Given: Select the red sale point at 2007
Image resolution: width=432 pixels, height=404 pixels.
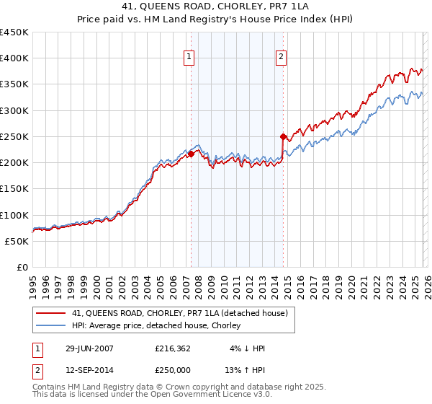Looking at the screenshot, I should (191, 154).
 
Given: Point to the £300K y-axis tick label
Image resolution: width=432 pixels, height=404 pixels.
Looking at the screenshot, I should (14, 110).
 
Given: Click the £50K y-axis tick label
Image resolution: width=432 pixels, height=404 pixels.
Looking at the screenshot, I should (17, 241).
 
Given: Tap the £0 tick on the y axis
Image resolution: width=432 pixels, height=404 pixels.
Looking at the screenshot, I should (22, 267).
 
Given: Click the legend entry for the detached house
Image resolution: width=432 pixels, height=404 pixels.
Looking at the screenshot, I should (180, 312).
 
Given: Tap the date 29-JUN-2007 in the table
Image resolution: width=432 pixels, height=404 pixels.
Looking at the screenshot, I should (89, 348).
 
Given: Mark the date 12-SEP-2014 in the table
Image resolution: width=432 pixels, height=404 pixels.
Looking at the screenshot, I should (89, 371).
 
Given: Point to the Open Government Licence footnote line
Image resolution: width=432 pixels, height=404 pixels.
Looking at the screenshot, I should (153, 396).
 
